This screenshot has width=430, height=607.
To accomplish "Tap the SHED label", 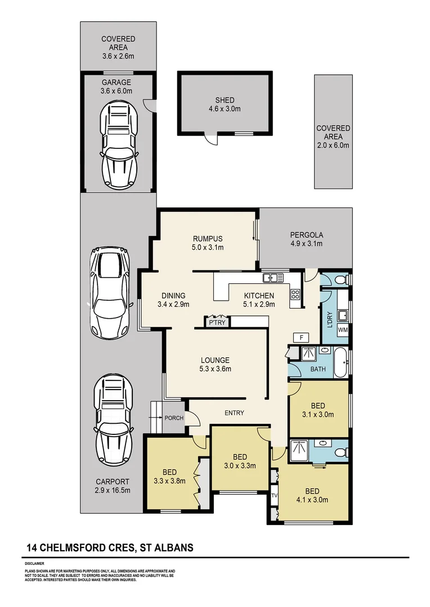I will (x=224, y=101).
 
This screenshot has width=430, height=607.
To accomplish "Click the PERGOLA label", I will (x=307, y=235).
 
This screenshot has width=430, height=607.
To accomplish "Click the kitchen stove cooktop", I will (x=294, y=294).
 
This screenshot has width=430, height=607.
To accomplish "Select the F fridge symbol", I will (x=301, y=337).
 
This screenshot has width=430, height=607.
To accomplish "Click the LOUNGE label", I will (x=216, y=360).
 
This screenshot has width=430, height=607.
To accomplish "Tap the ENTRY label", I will (x=234, y=413).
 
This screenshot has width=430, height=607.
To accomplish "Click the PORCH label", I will (x=173, y=418).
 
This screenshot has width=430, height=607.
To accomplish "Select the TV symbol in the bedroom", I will (x=274, y=496).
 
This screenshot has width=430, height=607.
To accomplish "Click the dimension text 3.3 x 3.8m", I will (x=169, y=481).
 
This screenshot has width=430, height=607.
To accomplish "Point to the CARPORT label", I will (x=112, y=482).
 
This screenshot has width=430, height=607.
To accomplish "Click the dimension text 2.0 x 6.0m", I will (x=333, y=145).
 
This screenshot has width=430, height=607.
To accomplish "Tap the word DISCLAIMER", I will (x=34, y=563).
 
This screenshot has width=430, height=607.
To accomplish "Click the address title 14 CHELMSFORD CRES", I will (x=79, y=547).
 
